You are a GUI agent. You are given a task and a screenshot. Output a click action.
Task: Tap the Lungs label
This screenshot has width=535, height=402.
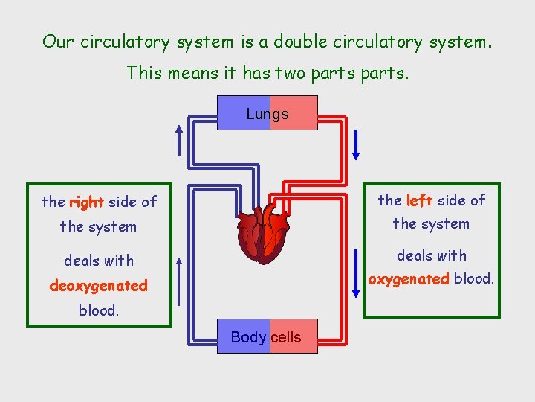click(x=267, y=114)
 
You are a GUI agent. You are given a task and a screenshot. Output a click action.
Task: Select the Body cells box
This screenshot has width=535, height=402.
click(x=267, y=336)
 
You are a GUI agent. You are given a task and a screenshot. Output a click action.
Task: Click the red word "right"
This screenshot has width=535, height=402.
click(x=86, y=202)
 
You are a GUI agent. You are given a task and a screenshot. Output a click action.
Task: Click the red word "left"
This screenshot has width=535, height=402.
click(x=419, y=200)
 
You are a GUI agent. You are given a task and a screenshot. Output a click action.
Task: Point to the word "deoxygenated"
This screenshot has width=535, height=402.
click(x=98, y=286)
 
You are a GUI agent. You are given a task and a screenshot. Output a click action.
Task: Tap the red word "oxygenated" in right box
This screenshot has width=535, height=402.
click(x=409, y=279)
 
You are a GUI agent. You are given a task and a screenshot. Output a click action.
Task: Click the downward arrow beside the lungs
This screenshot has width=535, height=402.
click(x=356, y=144)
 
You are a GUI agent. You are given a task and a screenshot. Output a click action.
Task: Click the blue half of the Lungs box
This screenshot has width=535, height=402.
click(x=243, y=113)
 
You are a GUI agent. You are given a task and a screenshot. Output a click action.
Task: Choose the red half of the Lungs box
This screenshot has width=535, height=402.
click(x=294, y=113)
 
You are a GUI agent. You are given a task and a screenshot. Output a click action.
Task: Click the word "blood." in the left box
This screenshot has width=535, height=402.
click(x=98, y=310)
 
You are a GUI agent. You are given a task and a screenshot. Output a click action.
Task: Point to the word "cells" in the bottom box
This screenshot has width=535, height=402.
click(x=286, y=337)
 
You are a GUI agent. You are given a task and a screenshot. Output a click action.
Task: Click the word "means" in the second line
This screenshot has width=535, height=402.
click(x=190, y=72)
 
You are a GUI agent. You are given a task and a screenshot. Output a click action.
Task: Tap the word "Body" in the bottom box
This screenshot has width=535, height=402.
click(x=248, y=337)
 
